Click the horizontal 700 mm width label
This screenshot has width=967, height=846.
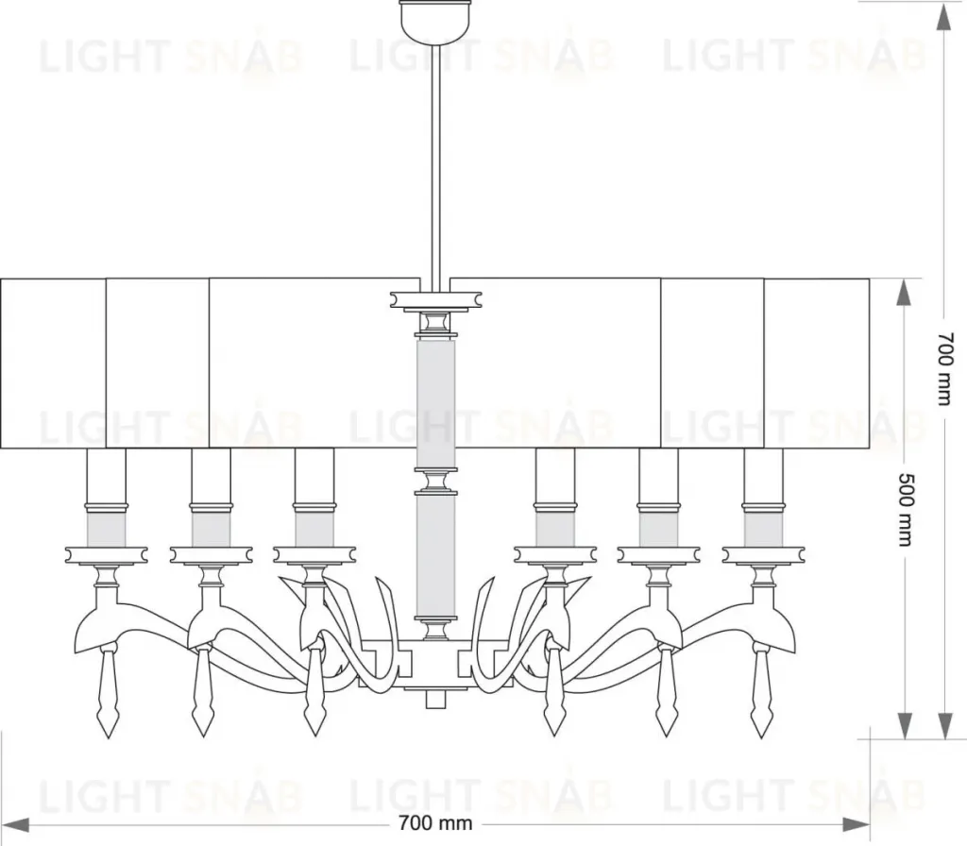(435, 823)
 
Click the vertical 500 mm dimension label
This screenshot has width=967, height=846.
(904, 509)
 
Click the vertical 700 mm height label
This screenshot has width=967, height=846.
(945, 369)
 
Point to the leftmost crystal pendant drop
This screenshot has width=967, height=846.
(109, 689)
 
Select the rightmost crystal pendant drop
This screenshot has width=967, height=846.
(762, 689)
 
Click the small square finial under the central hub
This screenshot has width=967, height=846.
(435, 700)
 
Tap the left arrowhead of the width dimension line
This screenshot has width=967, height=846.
(15, 823)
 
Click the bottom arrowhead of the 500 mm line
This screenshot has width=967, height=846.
(904, 726)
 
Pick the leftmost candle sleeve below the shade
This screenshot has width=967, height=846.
(106, 497)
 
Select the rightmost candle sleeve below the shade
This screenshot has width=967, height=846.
(763, 497)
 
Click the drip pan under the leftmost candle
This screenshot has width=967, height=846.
(106, 554)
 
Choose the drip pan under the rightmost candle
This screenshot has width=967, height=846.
(763, 554)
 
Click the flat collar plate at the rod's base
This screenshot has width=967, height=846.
(435, 299)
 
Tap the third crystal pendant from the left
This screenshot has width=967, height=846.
(314, 689)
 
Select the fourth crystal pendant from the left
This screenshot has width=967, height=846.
(554, 689)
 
